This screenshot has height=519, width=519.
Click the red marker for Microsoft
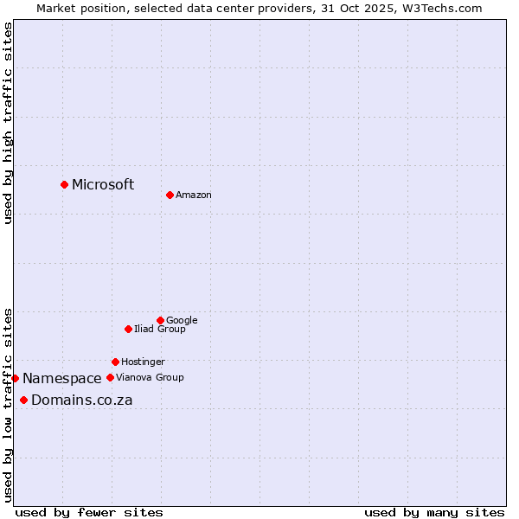click(x=64, y=184)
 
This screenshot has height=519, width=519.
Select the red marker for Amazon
click(x=170, y=195)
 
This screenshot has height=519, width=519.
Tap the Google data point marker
click(x=160, y=320)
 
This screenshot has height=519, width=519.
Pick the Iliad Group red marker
click(x=128, y=329)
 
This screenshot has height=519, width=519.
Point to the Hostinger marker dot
click(x=115, y=362)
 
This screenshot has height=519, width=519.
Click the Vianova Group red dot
click(x=110, y=377)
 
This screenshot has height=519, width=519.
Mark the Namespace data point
click(x=15, y=378)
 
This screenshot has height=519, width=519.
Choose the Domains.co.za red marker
click(x=23, y=400)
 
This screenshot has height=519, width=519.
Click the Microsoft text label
click(x=103, y=184)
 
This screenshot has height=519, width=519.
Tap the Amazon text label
click(x=194, y=195)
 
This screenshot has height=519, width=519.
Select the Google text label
click(x=182, y=320)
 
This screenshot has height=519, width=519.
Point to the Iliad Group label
click(x=160, y=329)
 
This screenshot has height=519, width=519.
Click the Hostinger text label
click(x=143, y=362)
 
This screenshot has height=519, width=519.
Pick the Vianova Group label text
click(x=150, y=377)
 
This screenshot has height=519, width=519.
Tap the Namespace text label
click(x=62, y=378)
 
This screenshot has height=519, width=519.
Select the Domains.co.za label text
click(x=82, y=400)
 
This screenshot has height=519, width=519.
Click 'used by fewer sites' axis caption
click(x=89, y=512)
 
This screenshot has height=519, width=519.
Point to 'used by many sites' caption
click(x=434, y=512)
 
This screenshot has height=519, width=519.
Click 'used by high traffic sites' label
click(x=9, y=123)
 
